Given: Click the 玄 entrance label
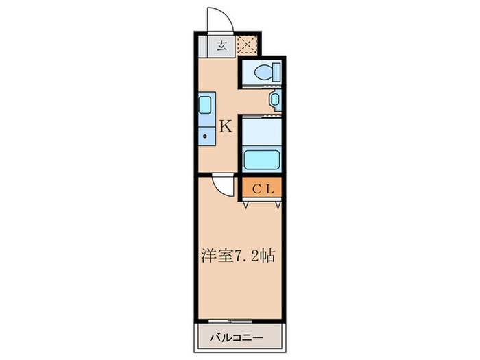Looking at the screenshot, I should point(222,47).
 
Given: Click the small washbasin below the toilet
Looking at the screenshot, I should point(275,101).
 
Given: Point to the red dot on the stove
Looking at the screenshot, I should point(204,135).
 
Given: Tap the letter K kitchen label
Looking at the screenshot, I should point(226,126).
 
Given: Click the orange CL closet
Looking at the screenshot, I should point(261,189).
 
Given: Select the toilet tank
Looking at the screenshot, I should point(274,71).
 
